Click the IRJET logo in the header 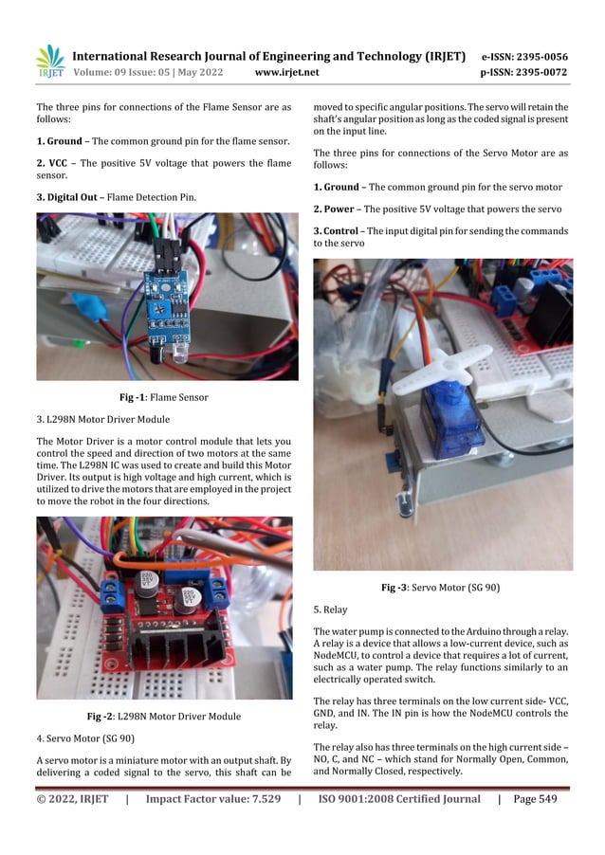(49, 62)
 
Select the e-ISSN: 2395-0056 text (538, 56)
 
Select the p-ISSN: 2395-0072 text (538, 72)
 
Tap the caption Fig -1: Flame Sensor (163, 397)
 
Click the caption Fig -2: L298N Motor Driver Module (163, 716)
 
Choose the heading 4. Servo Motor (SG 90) (85, 737)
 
